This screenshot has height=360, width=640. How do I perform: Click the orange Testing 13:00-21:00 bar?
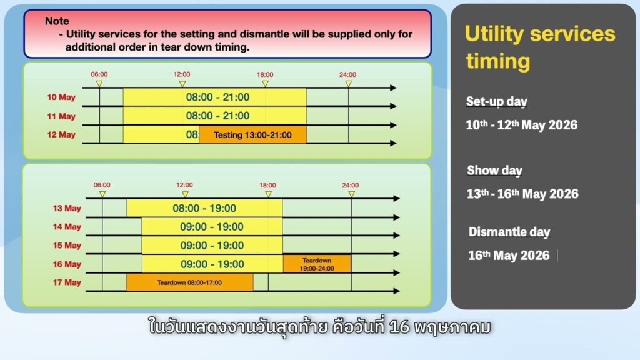pyautogui.click(x=252, y=135)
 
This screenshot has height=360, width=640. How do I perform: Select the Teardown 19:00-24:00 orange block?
pyautogui.click(x=317, y=264)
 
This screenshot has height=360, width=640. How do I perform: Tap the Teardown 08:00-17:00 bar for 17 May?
pyautogui.click(x=189, y=282)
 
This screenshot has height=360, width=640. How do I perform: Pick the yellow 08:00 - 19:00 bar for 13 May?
pyautogui.click(x=204, y=208)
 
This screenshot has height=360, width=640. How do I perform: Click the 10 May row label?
pyautogui.click(x=61, y=97)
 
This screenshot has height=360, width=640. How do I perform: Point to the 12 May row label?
pyautogui.click(x=61, y=135)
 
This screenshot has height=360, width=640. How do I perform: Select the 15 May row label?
pyautogui.click(x=67, y=245)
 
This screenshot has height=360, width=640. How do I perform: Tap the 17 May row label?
pyautogui.click(x=67, y=282)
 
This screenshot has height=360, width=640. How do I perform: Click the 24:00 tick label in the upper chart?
pyautogui.click(x=347, y=75)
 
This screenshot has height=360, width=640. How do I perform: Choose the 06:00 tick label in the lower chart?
pyautogui.click(x=102, y=185)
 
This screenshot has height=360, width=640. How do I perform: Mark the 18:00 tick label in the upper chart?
pyautogui.click(x=265, y=75)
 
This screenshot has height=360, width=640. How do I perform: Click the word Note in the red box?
pyautogui.click(x=57, y=21)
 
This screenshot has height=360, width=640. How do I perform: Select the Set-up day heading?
pyautogui.click(x=497, y=101)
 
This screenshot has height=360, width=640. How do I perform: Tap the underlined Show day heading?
pyautogui.click(x=495, y=170)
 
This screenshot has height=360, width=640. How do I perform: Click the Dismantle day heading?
pyautogui.click(x=509, y=232)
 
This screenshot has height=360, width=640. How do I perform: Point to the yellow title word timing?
pyautogui.click(x=498, y=61)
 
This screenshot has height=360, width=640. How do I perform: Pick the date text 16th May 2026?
pyautogui.click(x=509, y=256)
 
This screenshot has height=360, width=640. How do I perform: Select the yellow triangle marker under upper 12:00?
pyautogui.click(x=182, y=84)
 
